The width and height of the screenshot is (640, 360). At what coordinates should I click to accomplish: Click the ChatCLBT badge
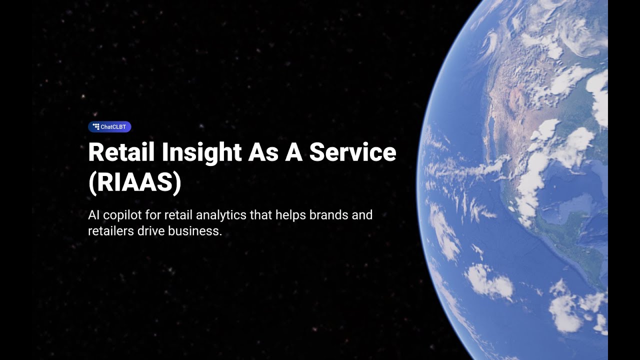tap(109, 127)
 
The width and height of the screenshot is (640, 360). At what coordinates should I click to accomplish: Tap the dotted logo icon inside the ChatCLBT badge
tap(96, 127)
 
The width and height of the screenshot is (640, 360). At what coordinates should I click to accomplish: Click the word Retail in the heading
tap(121, 152)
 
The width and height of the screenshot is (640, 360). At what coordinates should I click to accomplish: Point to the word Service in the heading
tap(352, 152)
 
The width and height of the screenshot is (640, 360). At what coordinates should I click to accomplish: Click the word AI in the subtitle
tap(93, 215)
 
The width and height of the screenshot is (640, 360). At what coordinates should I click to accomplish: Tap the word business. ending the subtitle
tap(196, 231)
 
